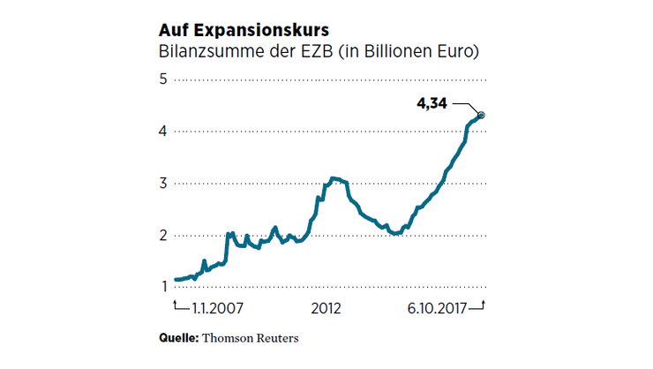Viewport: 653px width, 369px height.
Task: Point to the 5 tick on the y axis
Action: [163, 79]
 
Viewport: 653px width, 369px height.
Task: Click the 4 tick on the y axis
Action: [163, 132]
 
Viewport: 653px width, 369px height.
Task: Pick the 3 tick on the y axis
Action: [163, 184]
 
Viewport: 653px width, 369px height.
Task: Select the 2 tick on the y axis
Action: [163, 236]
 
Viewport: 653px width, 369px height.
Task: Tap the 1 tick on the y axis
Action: [163, 287]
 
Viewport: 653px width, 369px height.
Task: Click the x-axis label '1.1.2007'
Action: [217, 309]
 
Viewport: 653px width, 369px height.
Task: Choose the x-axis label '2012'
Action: [326, 309]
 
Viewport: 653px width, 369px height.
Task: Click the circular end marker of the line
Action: [482, 115]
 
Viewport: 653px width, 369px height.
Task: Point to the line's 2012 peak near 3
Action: [333, 178]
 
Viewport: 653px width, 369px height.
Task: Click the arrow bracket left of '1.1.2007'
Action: [179, 307]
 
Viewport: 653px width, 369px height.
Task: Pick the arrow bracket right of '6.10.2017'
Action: [478, 307]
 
